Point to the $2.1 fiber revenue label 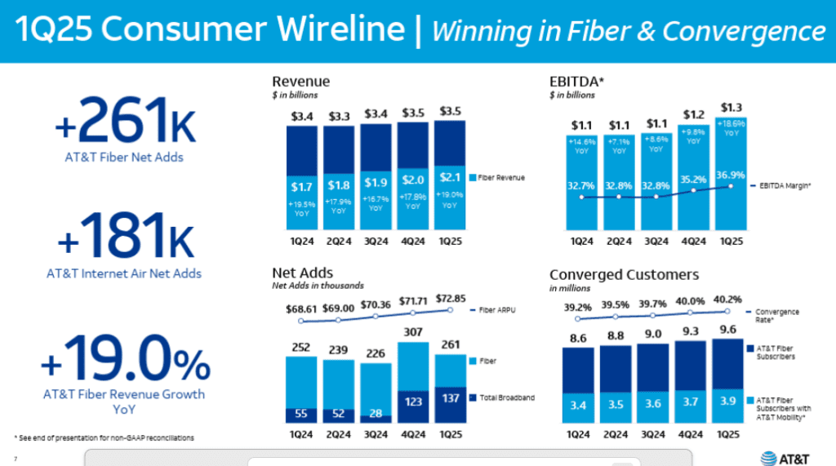coord(450,177)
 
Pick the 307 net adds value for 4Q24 coord(412,332)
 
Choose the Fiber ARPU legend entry coord(500,310)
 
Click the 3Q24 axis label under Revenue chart coord(375,242)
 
